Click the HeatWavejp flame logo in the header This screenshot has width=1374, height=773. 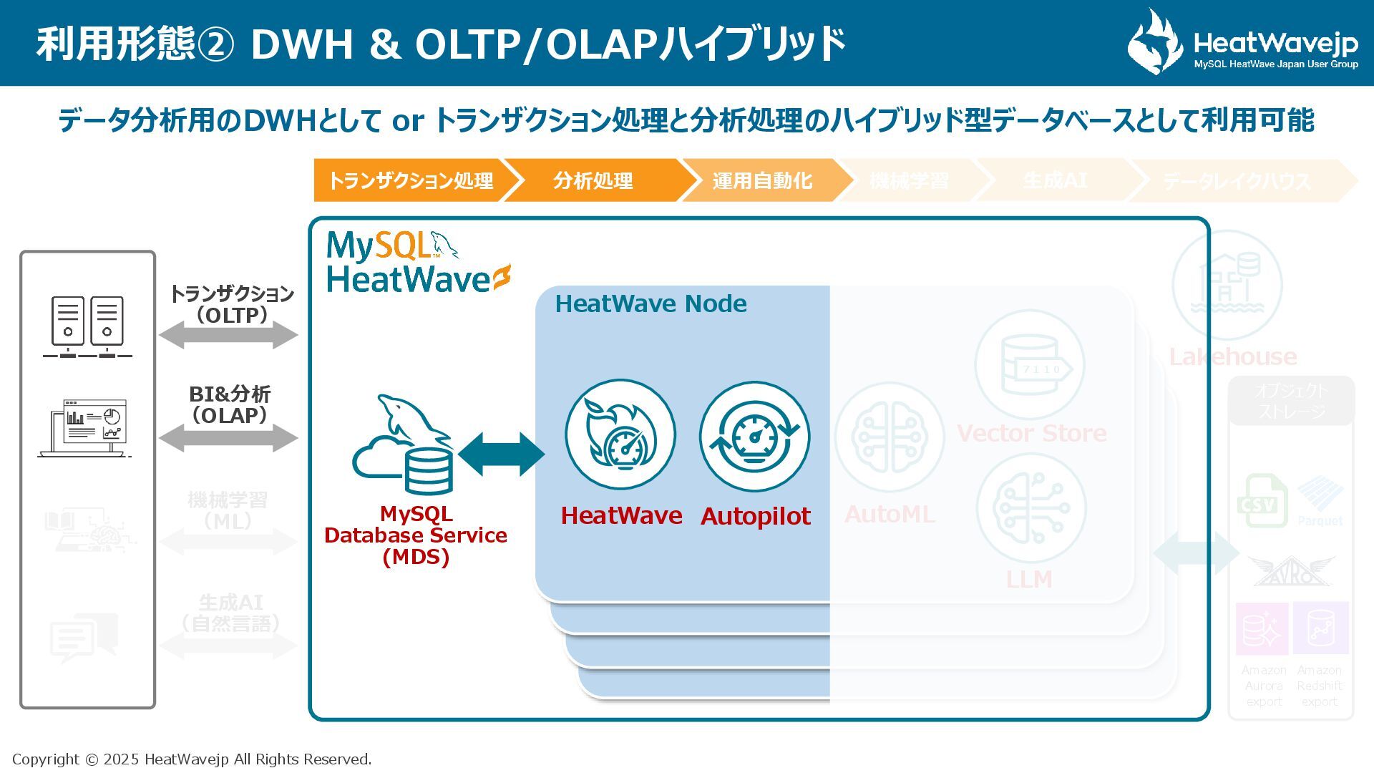[1154, 42]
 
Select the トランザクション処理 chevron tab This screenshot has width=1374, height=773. [410, 180]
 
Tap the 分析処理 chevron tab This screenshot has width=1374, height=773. [593, 180]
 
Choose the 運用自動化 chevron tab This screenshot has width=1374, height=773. [761, 180]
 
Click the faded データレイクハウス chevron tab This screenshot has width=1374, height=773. [1237, 181]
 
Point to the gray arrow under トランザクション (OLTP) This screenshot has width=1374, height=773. [228, 335]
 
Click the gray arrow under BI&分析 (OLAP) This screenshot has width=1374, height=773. [228, 437]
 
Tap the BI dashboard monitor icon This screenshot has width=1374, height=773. [86, 427]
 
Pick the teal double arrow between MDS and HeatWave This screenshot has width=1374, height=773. [501, 454]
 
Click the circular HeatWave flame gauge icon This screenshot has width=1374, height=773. [620, 434]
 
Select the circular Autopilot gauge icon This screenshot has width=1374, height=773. [754, 436]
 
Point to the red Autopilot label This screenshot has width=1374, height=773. [755, 516]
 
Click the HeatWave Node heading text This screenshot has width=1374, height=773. [651, 304]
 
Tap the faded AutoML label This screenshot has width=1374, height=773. [890, 514]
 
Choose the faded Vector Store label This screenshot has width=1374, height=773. [1031, 433]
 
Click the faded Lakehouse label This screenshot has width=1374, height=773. [1232, 356]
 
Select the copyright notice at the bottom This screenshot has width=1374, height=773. [192, 759]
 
